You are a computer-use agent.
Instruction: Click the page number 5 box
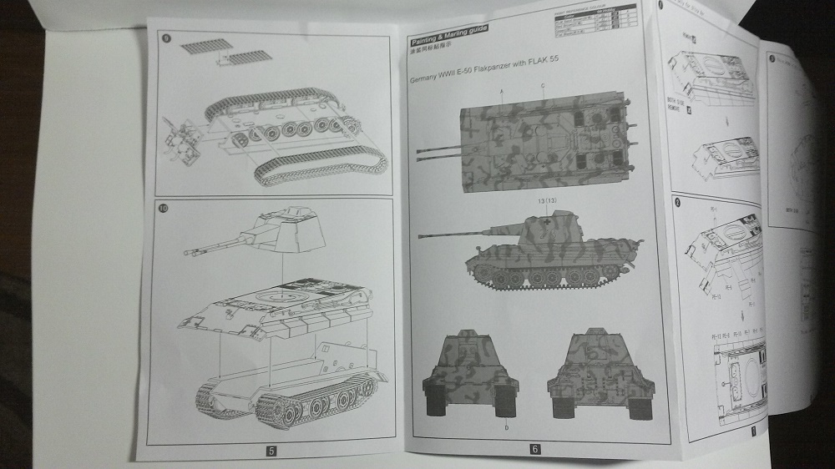coord(271,451)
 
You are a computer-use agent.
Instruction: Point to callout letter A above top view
coord(502,89)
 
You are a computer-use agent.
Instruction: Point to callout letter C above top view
coord(542,87)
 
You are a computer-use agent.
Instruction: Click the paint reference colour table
coord(594,21)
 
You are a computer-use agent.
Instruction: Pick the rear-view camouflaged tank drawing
coord(594,371)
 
